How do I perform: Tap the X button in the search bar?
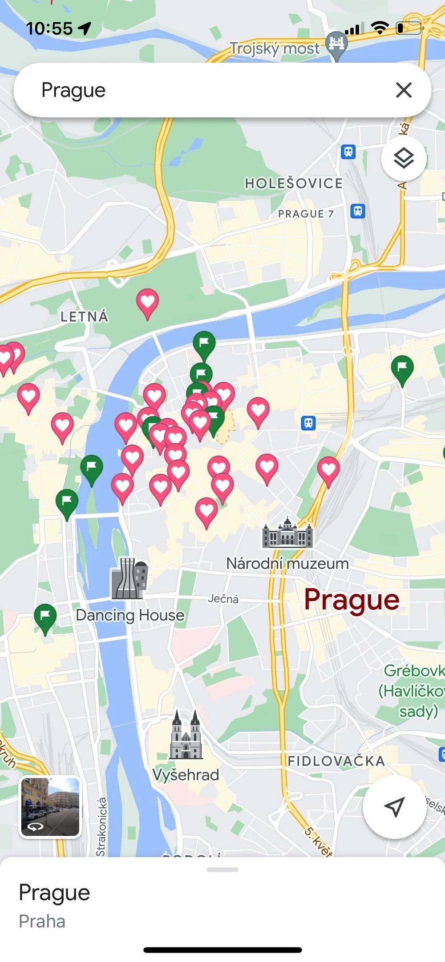coord(404,90)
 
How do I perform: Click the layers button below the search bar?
coord(404,158)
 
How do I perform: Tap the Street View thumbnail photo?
coord(50,807)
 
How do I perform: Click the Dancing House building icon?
coord(129,578)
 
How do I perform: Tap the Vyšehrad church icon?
coord(186,735)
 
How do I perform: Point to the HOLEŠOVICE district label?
coord(294,183)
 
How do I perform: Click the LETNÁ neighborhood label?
coord(84,317)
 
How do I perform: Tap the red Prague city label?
coord(352,600)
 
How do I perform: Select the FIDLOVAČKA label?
coord(336,761)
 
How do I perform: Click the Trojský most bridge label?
coord(275,48)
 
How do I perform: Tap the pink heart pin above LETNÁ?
coord(147,302)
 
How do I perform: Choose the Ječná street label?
coord(223,599)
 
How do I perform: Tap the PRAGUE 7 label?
coord(306,214)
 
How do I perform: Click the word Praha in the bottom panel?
coord(42,922)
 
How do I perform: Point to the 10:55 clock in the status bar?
coord(49,28)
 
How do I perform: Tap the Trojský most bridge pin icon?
coord(336,44)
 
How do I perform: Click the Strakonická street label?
coord(101,826)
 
